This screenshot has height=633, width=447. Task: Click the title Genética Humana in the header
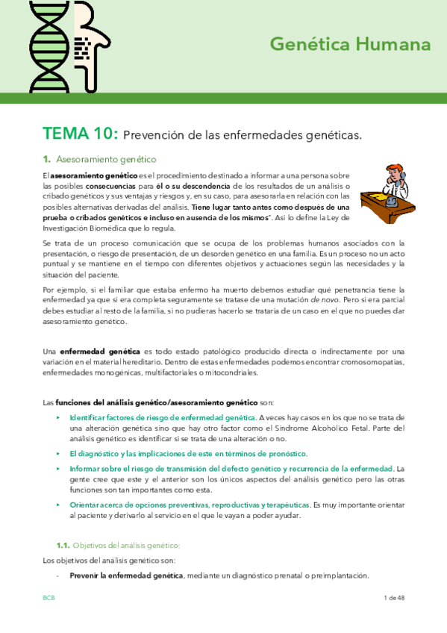pos(350,45)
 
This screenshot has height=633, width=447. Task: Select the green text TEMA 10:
pos(80,134)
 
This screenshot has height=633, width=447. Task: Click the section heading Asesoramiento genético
pos(106,159)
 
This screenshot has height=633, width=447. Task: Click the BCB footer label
pos(49,599)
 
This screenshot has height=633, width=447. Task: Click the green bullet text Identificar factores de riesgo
pos(163,417)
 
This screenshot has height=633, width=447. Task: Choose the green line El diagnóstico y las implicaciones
pos(188,454)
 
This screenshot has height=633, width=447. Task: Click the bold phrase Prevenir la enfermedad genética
pos(126,576)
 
